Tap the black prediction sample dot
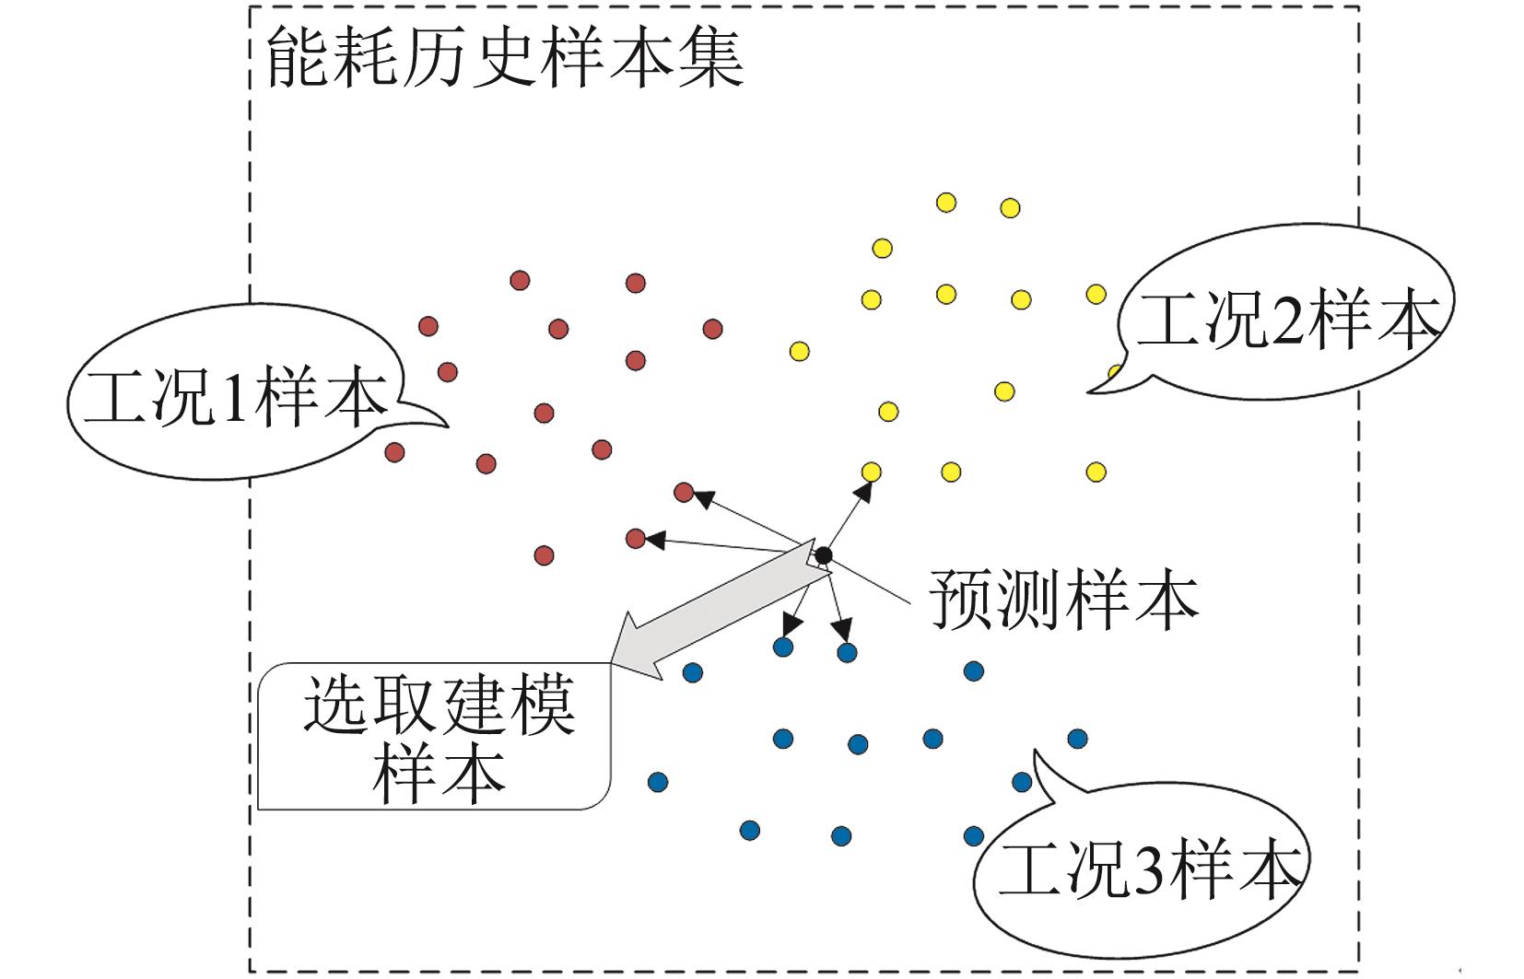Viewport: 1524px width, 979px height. (823, 555)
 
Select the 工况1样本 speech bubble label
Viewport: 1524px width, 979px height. (235, 399)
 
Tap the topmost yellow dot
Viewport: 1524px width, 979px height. (946, 203)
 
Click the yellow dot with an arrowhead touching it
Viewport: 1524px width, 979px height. (871, 472)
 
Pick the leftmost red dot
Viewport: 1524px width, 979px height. (394, 452)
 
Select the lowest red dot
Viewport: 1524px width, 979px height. (544, 555)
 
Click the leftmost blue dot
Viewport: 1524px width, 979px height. (657, 782)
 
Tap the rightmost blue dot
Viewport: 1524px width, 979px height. (1077, 738)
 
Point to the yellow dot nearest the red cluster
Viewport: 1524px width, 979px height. (800, 351)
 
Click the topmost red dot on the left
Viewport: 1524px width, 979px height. (520, 279)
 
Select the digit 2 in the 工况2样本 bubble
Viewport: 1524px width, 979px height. (1282, 323)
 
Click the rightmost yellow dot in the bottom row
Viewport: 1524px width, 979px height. (1096, 472)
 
